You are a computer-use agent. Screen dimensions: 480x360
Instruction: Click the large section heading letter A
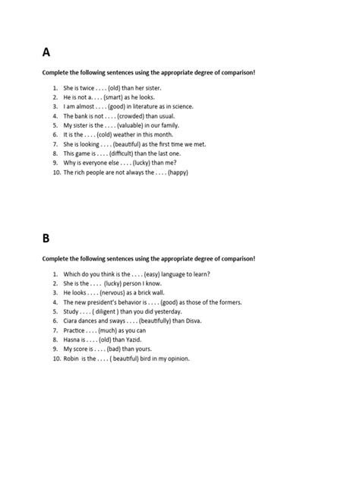click(x=46, y=52)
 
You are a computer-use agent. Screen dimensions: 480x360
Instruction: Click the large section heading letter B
click(x=46, y=238)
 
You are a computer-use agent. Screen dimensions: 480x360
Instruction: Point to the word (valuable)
click(x=131, y=125)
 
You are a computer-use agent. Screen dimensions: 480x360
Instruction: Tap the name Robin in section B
click(x=73, y=358)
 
